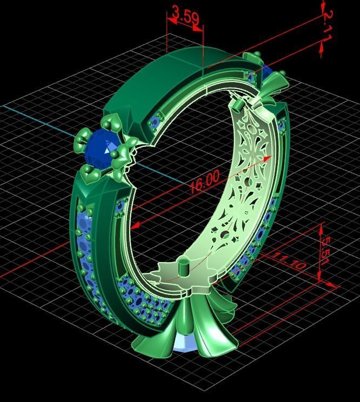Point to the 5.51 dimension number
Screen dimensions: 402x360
point(324,249)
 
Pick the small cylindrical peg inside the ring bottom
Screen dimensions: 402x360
point(183,266)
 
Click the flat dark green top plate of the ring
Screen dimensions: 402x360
point(162,76)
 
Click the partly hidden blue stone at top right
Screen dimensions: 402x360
point(268,71)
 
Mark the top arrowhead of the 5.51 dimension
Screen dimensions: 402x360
point(321,226)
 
